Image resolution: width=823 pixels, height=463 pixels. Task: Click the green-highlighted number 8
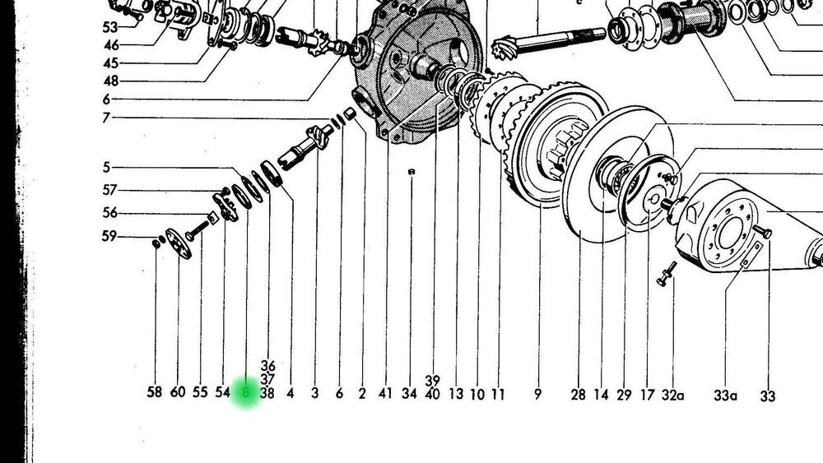pyautogui.click(x=245, y=391)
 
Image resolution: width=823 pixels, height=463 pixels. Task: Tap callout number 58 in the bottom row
pyautogui.click(x=155, y=391)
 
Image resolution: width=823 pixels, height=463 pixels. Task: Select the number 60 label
pyautogui.click(x=178, y=391)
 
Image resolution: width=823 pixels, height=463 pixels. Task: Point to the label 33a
pyautogui.click(x=725, y=396)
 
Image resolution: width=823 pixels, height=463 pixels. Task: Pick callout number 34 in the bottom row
pyautogui.click(x=409, y=393)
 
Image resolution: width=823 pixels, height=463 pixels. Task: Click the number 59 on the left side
pyautogui.click(x=109, y=236)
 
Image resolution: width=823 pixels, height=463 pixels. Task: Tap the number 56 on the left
pyautogui.click(x=110, y=212)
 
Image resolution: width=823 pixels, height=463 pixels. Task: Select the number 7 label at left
pyautogui.click(x=106, y=118)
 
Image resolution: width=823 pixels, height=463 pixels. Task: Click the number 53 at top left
pyautogui.click(x=110, y=26)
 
